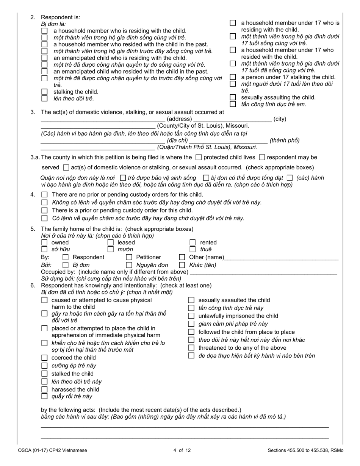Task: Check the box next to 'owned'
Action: click(x=44, y=242)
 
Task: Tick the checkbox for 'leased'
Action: click(x=111, y=242)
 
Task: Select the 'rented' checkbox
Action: click(x=193, y=242)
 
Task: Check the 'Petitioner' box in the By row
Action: click(x=129, y=257)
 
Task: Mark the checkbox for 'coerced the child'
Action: click(x=44, y=358)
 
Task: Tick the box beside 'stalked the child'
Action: click(x=44, y=374)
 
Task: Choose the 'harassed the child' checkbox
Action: click(x=44, y=389)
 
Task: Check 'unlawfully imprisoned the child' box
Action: click(x=191, y=316)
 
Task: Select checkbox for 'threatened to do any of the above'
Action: click(x=191, y=348)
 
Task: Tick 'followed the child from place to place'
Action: click(x=191, y=332)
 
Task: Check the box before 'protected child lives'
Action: click(x=199, y=157)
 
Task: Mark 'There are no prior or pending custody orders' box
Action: click(x=44, y=195)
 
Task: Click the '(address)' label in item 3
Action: click(x=179, y=119)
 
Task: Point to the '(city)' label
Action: click(x=280, y=119)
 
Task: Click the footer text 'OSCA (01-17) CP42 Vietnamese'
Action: click(x=52, y=450)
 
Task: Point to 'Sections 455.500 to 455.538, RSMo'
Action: click(x=305, y=450)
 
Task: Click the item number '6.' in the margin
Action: click(x=33, y=285)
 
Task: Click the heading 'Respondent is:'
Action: click(x=60, y=17)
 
